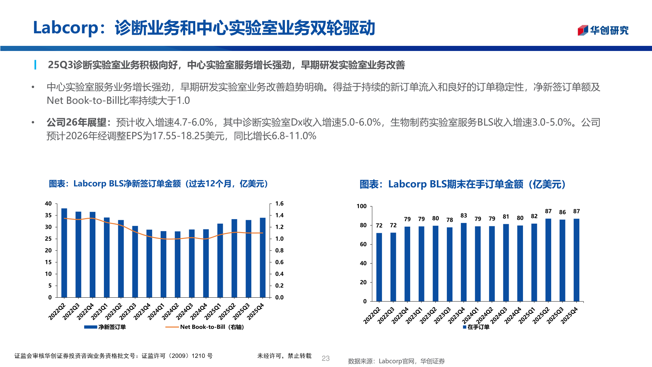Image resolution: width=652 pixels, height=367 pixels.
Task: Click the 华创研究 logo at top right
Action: tap(603, 30)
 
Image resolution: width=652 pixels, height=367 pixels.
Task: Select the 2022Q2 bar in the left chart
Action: tap(64, 253)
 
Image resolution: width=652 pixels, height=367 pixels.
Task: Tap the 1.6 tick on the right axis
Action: tap(279, 204)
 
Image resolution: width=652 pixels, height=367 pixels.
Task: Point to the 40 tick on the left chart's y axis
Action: tap(48, 204)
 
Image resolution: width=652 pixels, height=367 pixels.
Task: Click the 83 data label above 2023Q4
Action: tap(464, 215)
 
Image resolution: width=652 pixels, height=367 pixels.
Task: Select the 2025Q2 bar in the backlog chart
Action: tap(548, 260)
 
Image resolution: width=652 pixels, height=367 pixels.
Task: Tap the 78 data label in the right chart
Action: tap(450, 220)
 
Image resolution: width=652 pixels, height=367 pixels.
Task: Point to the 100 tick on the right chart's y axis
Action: tap(361, 206)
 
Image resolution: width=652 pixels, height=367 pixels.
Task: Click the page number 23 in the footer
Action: tap(325, 358)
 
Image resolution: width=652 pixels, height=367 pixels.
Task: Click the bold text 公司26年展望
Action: tap(76, 122)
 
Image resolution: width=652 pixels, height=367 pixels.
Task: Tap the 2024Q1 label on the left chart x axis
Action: tap(156, 311)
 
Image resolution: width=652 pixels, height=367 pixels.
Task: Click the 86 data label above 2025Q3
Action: tap(562, 212)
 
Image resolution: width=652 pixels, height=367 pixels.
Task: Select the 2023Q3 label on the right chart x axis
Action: tap(442, 315)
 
